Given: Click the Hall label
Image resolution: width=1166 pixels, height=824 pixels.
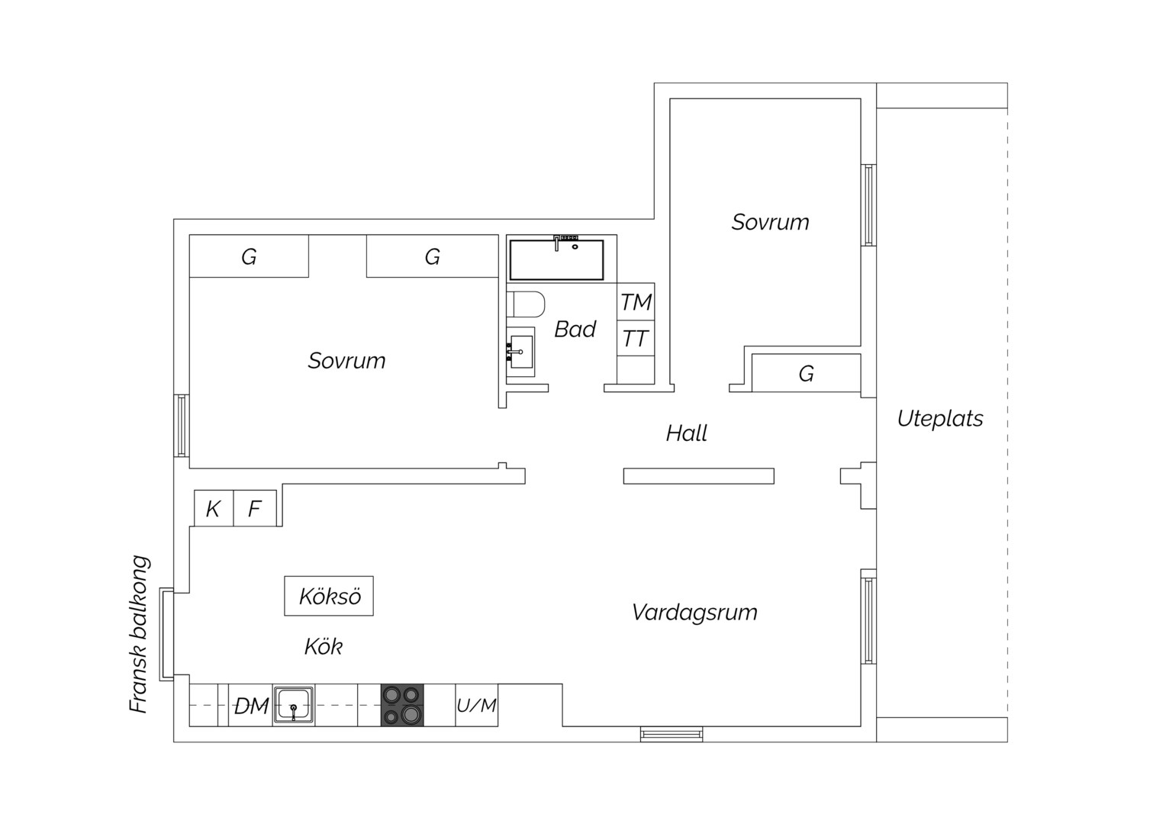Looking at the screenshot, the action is [687, 433].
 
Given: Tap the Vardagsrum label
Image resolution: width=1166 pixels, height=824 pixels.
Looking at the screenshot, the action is [695, 612].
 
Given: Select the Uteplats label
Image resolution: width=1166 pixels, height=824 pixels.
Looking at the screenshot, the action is [940, 419].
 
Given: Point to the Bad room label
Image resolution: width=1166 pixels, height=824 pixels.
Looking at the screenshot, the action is [575, 329].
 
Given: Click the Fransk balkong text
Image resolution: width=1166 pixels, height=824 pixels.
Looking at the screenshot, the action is [140, 634].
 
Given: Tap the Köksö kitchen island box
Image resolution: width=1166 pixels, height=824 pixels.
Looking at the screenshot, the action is [329, 596].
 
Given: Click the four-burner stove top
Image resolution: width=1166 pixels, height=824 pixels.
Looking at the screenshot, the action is [402, 705].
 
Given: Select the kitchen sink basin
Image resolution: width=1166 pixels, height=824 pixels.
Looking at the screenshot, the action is [294, 705].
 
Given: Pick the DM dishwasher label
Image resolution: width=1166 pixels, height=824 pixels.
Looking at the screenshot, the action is [251, 707].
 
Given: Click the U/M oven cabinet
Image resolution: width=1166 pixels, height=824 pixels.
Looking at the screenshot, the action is [477, 705].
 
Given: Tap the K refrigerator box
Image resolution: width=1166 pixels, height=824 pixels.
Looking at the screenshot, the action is [214, 508].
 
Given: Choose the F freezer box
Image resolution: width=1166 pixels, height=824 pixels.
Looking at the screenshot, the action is [255, 508].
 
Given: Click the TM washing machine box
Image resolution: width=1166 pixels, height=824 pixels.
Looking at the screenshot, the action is [636, 302].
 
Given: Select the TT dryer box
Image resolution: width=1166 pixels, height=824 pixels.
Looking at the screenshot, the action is [636, 338].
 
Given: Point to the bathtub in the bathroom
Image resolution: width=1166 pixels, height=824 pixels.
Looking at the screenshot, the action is [556, 259].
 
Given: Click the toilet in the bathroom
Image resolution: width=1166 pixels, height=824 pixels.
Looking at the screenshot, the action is [526, 304].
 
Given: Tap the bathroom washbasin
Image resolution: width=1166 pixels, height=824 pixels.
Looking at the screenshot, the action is [520, 352].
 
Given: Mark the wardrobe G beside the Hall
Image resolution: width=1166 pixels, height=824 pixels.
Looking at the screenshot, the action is [807, 372].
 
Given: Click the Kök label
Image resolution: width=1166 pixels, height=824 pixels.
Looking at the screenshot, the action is [324, 647].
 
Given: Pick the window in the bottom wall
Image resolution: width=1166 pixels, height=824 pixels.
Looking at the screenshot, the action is [672, 734].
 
